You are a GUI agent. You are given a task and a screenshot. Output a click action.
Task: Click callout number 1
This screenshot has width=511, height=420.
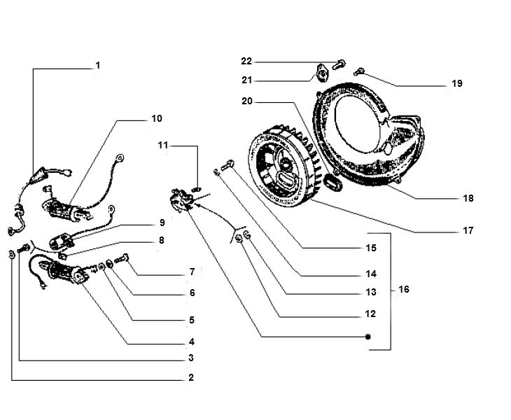[x=98, y=66]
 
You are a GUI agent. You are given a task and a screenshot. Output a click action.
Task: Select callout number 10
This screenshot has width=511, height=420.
[x=156, y=118]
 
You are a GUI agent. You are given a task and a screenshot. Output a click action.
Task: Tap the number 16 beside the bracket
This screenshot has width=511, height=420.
[x=404, y=289]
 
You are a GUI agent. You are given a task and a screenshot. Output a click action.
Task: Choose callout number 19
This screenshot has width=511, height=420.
[x=456, y=83]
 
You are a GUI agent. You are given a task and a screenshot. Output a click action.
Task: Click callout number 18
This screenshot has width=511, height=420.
[x=468, y=198]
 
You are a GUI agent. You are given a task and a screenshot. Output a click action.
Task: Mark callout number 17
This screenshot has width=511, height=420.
[x=468, y=230]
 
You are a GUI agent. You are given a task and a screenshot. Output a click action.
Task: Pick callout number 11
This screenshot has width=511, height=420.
[x=163, y=146]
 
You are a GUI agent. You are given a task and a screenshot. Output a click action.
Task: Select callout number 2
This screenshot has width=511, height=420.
[x=190, y=378]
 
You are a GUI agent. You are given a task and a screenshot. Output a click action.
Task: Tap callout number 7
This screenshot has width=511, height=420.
[x=190, y=271]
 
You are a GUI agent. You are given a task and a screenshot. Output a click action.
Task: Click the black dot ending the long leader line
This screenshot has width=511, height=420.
[x=367, y=337]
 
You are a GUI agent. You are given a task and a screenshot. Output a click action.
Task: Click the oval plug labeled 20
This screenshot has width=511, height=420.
[x=333, y=181]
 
